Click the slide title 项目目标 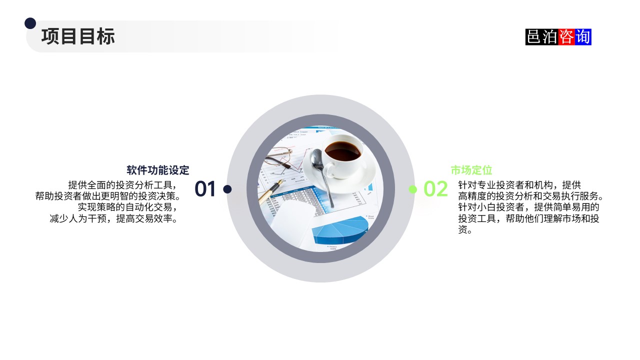[x=78, y=36]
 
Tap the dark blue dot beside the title [x=30, y=23]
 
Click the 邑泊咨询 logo [x=558, y=37]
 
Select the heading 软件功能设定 [x=158, y=170]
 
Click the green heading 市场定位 [x=471, y=170]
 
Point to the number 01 [x=205, y=189]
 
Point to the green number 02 [x=435, y=189]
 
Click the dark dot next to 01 [x=227, y=189]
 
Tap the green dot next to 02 [x=412, y=189]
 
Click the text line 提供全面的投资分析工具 [x=122, y=184]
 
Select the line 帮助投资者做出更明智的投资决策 [x=107, y=195]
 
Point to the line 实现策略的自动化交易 [x=127, y=207]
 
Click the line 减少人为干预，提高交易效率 [x=114, y=218]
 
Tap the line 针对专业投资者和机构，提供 [x=519, y=184]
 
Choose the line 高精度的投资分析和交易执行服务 [x=531, y=196]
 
